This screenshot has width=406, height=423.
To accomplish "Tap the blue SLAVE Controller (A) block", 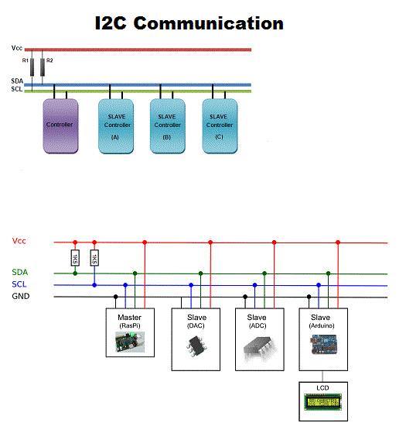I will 115,126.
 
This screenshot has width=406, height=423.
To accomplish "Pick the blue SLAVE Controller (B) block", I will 168,126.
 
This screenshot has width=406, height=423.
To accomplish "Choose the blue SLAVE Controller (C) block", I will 219,126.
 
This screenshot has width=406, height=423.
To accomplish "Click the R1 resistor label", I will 25,60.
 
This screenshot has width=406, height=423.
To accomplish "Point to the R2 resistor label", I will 50,60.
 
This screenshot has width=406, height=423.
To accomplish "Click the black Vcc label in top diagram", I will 17,48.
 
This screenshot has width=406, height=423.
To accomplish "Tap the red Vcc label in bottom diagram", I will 20,241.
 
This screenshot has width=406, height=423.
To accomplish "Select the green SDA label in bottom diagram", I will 20,272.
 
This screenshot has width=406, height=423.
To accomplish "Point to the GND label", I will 21,297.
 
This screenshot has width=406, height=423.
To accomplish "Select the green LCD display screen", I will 323,401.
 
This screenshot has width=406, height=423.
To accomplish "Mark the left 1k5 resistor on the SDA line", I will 75,257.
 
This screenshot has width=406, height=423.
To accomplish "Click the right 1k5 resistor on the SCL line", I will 94,257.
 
